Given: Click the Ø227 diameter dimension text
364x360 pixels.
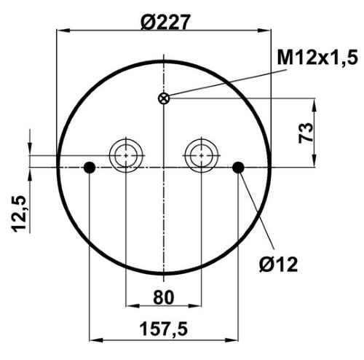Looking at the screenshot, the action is coord(165,22).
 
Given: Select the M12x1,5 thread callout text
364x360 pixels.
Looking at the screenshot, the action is coord(317,58).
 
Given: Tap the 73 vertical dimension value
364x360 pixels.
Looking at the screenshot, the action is coord(306,133).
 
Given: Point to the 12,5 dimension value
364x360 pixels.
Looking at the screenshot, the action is coord(19,214).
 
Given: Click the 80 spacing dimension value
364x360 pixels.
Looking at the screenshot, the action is coord(164,297).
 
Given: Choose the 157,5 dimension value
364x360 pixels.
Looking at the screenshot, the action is coord(164,329).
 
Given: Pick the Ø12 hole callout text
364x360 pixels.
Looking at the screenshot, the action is coord(278,265).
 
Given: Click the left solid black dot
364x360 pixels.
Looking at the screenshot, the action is coord(90,168).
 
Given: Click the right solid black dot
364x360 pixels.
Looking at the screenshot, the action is coord(238,168).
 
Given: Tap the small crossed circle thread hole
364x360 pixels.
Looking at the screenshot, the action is coord(164,98).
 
